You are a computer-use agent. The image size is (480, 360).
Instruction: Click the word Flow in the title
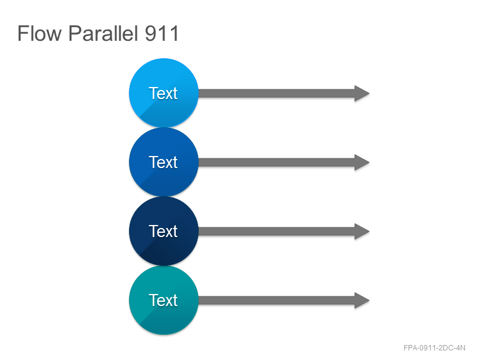(x=40, y=34)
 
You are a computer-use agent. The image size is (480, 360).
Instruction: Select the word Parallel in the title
(x=103, y=34)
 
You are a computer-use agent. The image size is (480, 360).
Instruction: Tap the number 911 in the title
(x=161, y=34)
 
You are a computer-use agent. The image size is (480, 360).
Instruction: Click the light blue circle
(x=164, y=93)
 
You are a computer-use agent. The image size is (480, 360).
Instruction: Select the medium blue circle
(x=164, y=162)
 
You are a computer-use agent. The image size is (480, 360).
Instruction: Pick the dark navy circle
(x=164, y=231)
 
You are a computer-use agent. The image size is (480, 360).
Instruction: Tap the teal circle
(x=164, y=300)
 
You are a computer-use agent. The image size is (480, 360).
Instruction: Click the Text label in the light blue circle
(x=163, y=93)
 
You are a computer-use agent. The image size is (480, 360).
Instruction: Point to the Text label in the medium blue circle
(x=163, y=162)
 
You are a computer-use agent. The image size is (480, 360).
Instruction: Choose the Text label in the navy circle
(x=163, y=231)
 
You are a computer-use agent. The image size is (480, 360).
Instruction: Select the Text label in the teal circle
(x=163, y=301)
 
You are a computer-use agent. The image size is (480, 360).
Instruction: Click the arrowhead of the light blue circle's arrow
(x=362, y=94)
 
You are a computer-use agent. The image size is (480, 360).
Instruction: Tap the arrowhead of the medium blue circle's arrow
(x=362, y=162)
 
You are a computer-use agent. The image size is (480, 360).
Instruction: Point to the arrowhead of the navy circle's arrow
(x=362, y=232)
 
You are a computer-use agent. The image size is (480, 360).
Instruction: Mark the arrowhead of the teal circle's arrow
(x=362, y=301)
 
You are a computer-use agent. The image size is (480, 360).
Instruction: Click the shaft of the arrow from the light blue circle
(x=277, y=94)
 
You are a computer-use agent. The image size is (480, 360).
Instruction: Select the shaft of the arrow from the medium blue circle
(x=277, y=162)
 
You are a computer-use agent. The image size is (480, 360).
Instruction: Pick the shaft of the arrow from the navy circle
(x=277, y=232)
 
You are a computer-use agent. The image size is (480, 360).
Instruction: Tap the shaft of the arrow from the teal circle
(x=277, y=301)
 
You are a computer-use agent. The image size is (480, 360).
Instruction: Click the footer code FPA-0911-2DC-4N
(x=434, y=348)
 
